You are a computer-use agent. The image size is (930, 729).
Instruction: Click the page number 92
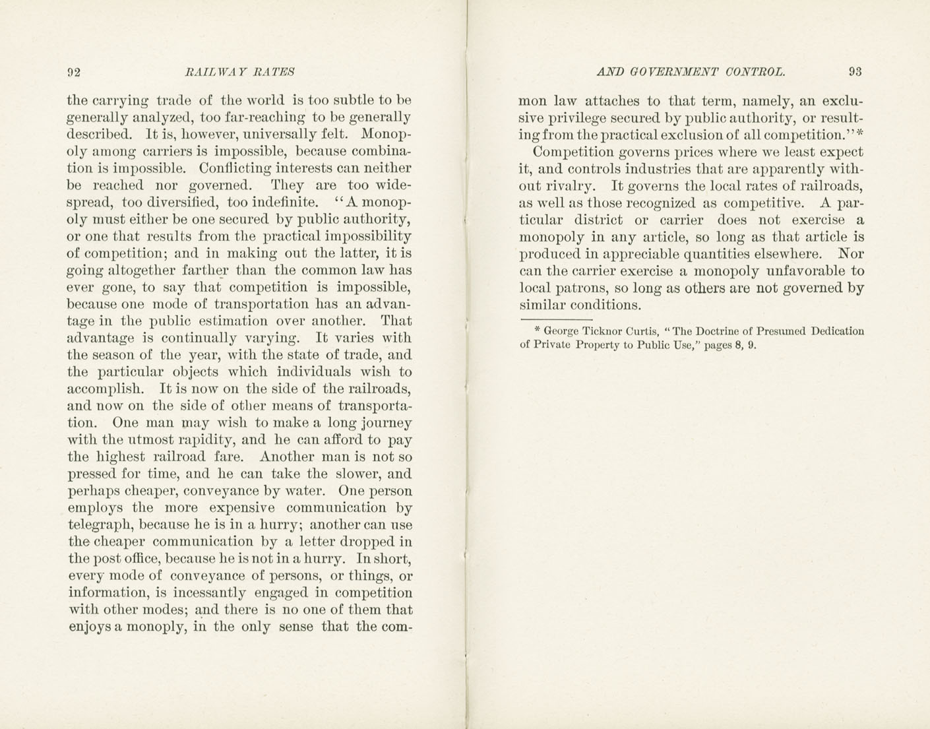[73, 72]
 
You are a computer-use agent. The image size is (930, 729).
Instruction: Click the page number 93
[855, 72]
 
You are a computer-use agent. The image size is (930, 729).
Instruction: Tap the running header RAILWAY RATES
[240, 72]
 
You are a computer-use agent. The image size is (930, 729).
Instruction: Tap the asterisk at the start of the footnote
[537, 330]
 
